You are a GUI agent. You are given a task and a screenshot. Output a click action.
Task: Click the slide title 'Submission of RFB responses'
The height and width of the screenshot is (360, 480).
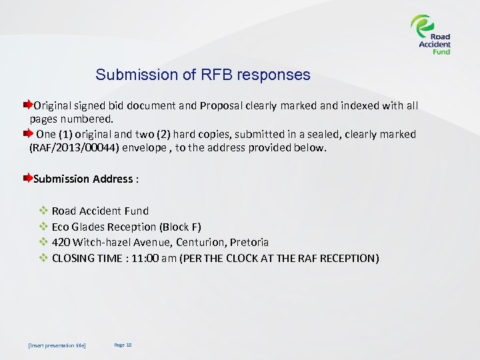[x=203, y=75]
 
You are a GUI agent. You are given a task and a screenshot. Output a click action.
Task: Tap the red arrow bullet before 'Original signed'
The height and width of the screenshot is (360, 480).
[x=27, y=105]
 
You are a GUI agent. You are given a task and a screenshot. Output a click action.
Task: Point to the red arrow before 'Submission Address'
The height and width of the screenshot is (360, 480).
[x=27, y=179]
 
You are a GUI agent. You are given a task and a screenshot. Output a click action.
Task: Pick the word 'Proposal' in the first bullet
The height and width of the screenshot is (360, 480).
[x=223, y=105]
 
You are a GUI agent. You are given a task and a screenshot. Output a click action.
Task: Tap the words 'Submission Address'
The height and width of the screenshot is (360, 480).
[x=83, y=179]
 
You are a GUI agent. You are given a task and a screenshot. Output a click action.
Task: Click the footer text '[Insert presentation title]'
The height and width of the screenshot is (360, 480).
[x=57, y=345]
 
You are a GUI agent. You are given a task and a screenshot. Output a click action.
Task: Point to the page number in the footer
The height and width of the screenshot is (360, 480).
[x=123, y=345]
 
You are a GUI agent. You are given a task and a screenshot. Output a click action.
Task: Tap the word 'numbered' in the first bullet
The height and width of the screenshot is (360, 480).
[x=87, y=120]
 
